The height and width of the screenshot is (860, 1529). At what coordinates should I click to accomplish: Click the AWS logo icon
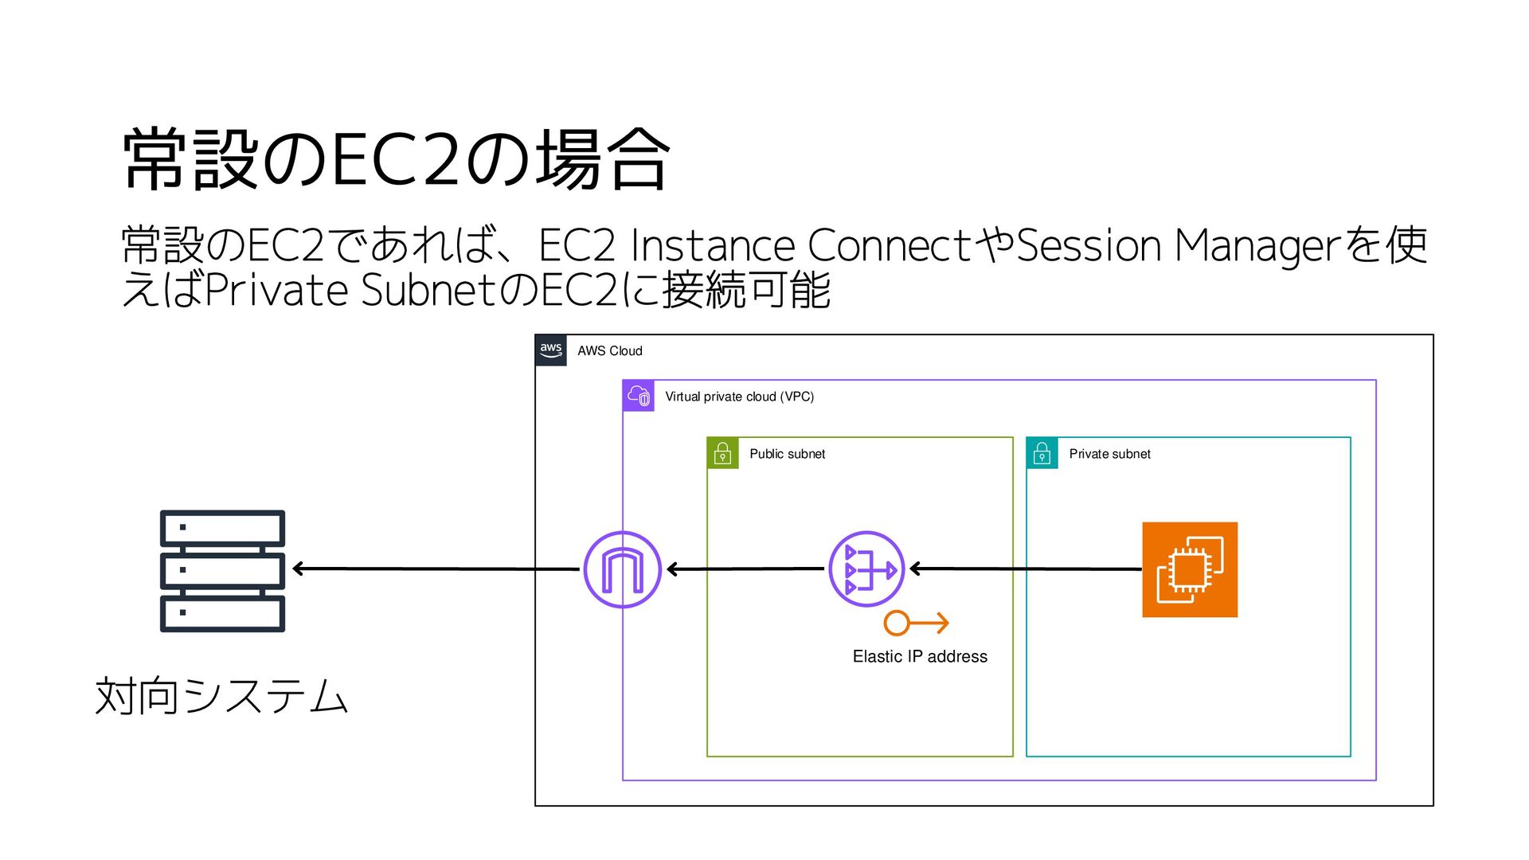click(x=551, y=350)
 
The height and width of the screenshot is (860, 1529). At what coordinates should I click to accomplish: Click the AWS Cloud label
click(x=609, y=351)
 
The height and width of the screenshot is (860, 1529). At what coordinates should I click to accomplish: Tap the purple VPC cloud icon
click(x=639, y=396)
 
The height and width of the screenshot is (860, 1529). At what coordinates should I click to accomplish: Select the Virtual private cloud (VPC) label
click(x=739, y=397)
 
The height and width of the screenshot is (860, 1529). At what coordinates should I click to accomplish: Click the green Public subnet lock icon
click(x=722, y=453)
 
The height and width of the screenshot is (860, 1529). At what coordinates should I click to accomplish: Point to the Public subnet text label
click(x=787, y=454)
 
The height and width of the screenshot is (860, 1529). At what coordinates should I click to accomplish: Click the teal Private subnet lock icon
click(x=1042, y=453)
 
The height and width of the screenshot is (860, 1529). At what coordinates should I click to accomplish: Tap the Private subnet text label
click(x=1109, y=454)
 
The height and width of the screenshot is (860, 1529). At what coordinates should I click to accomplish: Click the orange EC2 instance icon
click(x=1190, y=569)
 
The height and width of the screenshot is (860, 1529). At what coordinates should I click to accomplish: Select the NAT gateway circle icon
click(x=866, y=569)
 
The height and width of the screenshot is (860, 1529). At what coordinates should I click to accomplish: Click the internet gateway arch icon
click(x=622, y=569)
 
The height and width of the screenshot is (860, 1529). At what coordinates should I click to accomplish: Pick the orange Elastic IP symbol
click(x=916, y=623)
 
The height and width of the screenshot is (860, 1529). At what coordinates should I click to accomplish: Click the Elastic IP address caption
click(x=920, y=656)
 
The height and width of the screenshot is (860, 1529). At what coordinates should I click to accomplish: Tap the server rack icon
click(x=222, y=571)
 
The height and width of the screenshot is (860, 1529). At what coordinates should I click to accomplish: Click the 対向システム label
click(x=221, y=696)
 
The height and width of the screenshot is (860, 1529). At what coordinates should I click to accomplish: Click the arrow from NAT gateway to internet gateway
click(x=745, y=569)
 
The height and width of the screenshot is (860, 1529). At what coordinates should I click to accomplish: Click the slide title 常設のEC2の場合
click(x=396, y=159)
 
